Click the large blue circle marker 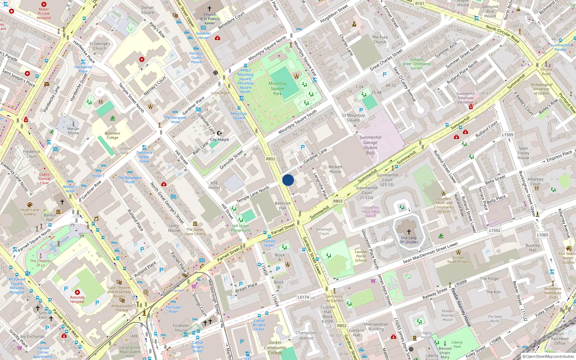coord(288,180)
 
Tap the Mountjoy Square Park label coord(277,89)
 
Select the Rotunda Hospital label coord(77,300)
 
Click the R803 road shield coord(338,201)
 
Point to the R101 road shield coord(420,4)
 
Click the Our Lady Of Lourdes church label coord(409,240)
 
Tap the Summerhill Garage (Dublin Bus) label coord(370,145)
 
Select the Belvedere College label coord(112,135)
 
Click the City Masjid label coord(219,140)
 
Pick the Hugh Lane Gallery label coord(30,212)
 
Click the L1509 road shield coord(508,135)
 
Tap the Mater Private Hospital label coord(44,14)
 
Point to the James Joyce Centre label coord(195,231)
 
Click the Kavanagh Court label coord(324,231)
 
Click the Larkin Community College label coord(275,348)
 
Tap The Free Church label coord(380,40)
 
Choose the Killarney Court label coord(535,181)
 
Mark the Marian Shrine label coord(73,131)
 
